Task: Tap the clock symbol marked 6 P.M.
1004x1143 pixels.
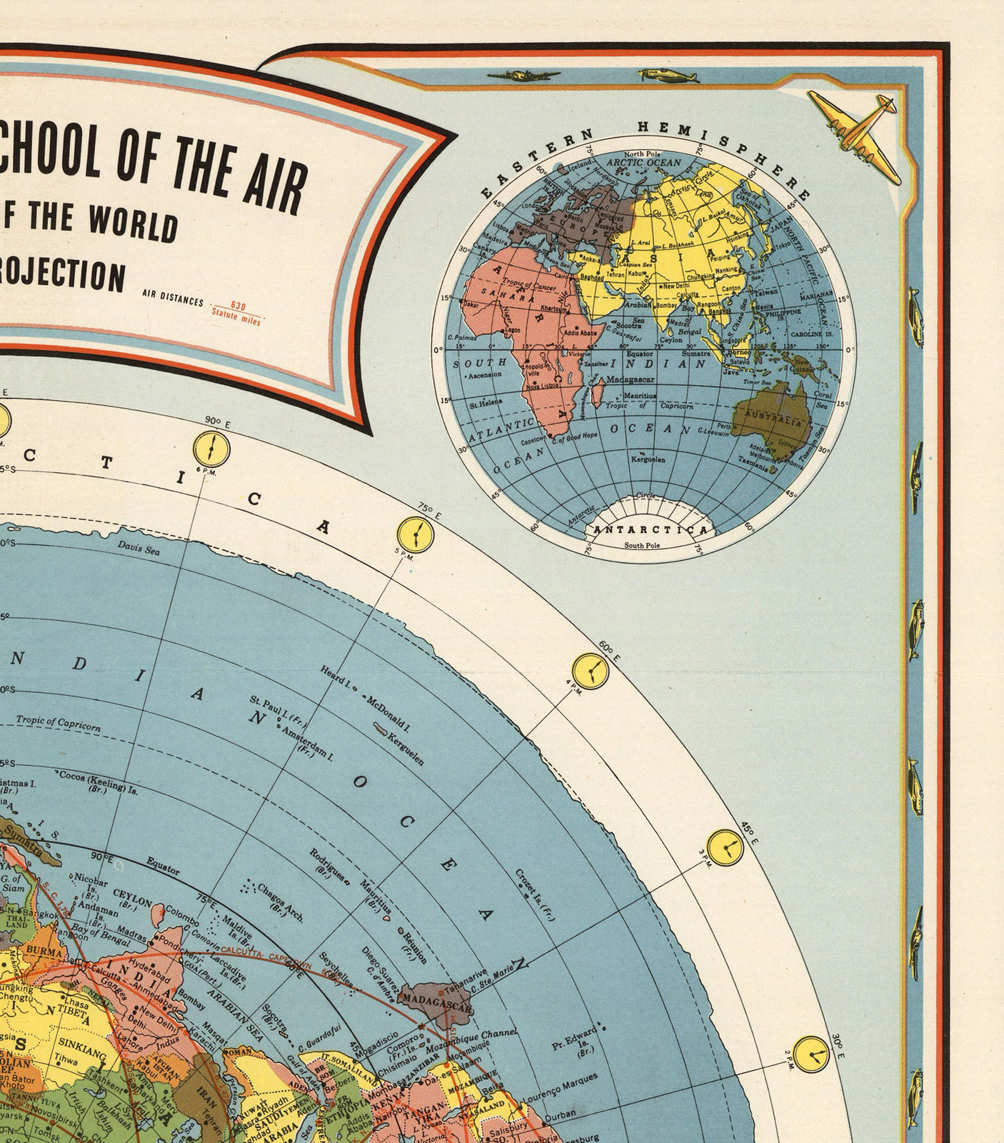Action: [x=211, y=449]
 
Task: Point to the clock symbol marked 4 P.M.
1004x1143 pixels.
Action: [x=591, y=670]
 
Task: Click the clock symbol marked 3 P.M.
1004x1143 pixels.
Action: [x=725, y=847]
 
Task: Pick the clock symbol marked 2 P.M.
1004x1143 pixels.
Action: [x=811, y=1054]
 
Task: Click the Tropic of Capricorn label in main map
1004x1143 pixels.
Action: [x=58, y=723]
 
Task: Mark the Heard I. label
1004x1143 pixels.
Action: [x=336, y=675]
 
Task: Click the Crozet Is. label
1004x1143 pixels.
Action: [x=535, y=894]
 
